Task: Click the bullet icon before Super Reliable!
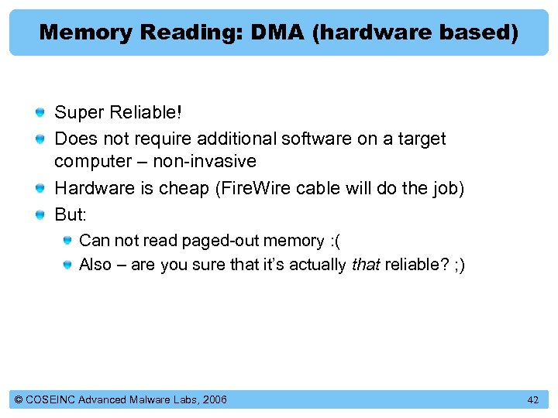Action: [40, 113]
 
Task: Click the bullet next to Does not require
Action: [40, 139]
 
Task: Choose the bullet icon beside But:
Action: [40, 213]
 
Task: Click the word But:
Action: [70, 213]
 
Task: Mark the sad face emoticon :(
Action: [335, 241]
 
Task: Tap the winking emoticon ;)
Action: [456, 265]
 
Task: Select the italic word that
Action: [365, 265]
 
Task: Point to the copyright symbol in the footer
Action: [19, 399]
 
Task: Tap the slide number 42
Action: [532, 399]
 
